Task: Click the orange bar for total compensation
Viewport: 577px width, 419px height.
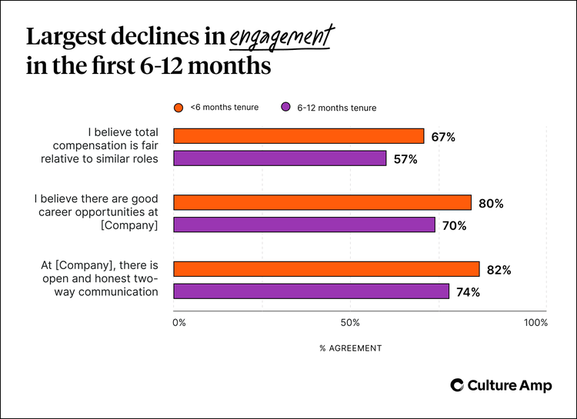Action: tap(299, 136)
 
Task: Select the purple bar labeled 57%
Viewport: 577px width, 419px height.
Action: tap(279, 158)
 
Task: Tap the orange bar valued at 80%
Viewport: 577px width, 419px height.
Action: tap(322, 203)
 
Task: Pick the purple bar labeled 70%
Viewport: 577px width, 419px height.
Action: tap(304, 225)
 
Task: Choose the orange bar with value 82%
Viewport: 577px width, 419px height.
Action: tap(326, 269)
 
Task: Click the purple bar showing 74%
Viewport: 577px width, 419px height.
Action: tap(311, 291)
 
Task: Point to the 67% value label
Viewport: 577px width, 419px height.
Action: tap(442, 137)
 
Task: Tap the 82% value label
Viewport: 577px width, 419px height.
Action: tap(498, 270)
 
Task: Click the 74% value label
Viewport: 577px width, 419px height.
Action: tap(468, 292)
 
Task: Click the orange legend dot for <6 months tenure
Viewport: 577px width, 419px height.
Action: tap(178, 108)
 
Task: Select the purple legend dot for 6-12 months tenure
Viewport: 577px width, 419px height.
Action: tap(285, 108)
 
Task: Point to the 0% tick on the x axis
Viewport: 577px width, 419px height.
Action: tap(178, 323)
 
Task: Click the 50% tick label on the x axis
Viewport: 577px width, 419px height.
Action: tap(350, 323)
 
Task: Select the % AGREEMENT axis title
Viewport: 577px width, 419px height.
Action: tap(350, 348)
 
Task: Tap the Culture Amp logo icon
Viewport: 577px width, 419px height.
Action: tap(456, 385)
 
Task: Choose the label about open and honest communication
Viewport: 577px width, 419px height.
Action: tap(99, 278)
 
